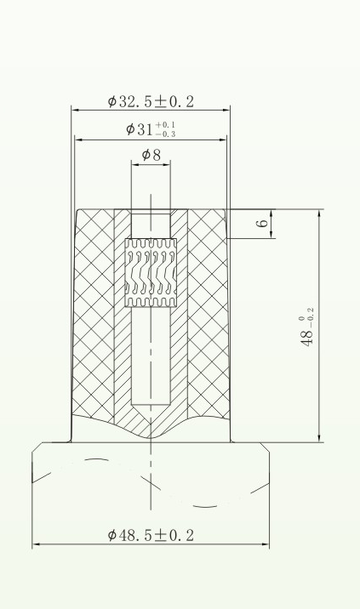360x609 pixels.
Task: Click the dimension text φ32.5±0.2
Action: [151, 101]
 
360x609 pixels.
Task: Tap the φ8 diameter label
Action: [151, 155]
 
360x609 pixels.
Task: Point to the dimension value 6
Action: [263, 223]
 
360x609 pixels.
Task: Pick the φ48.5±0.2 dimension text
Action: [151, 535]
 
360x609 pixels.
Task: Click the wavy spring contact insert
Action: [151, 272]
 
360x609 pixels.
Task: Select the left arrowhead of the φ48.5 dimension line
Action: [36, 545]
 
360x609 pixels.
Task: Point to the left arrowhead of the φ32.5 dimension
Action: [74, 111]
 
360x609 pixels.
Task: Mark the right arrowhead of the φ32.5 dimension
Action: [228, 111]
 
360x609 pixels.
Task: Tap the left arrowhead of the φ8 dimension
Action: [134, 164]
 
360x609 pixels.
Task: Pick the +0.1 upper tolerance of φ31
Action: [165, 124]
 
